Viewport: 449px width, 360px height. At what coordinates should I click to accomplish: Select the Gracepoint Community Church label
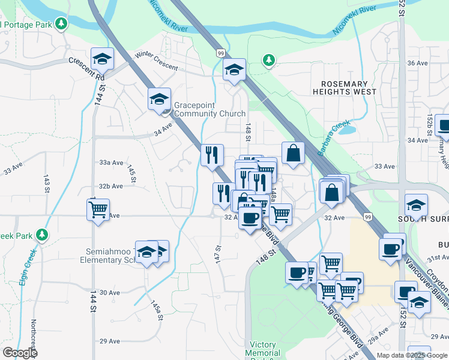[x=209, y=109]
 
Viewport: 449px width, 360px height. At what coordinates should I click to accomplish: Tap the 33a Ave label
[x=111, y=163]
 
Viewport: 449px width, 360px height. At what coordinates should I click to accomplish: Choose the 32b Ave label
[x=111, y=186]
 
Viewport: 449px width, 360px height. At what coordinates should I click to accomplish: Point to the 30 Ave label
[x=110, y=292]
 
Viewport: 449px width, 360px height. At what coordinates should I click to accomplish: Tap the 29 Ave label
[x=110, y=341]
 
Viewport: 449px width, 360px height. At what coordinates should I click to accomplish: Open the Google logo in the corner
[x=20, y=353]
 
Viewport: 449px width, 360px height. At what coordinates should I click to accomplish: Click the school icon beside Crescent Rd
[x=103, y=59]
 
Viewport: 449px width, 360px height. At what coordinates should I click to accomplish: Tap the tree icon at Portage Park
[x=61, y=23]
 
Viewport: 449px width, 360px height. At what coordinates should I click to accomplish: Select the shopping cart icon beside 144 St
[x=98, y=210]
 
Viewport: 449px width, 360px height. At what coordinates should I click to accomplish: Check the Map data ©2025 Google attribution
[x=411, y=355]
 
